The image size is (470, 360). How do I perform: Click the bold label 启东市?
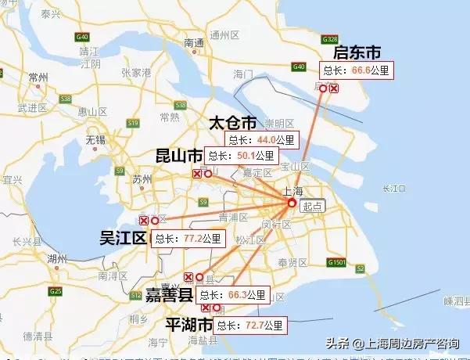[x=357, y=53]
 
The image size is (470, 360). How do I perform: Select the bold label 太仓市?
[x=232, y=124]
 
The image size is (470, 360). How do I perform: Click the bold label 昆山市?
[x=178, y=157]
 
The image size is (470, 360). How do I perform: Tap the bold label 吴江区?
[x=124, y=238]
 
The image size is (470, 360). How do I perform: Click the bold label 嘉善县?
[x=169, y=295]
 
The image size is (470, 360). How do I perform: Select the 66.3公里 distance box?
[x=233, y=296]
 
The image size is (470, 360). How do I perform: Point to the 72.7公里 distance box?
[x=250, y=324]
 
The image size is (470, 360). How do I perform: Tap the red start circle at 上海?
[x=292, y=203]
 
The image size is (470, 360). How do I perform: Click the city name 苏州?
[x=142, y=179]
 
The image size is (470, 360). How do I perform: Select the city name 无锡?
[x=95, y=140]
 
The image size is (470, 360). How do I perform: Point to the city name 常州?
[x=36, y=77]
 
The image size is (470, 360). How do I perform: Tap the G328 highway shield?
[x=329, y=38]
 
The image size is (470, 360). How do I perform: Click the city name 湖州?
[x=56, y=258]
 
